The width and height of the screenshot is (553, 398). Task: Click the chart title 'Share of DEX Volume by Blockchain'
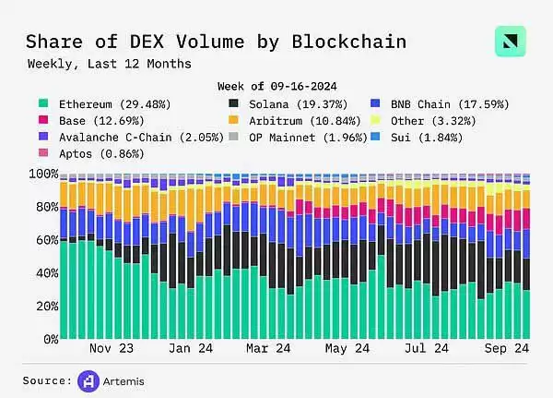(x=215, y=42)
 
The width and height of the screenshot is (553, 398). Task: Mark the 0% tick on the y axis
(x=46, y=340)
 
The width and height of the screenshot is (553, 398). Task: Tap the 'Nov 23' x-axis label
(x=113, y=349)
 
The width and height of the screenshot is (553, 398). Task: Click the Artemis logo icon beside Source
(x=89, y=380)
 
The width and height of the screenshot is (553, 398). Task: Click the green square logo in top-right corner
(x=510, y=42)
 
